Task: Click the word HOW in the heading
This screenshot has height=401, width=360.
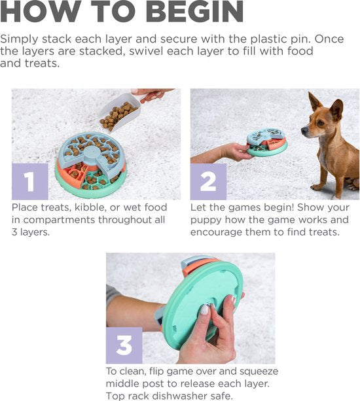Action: click(x=41, y=12)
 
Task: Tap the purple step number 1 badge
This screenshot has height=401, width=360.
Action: click(x=29, y=181)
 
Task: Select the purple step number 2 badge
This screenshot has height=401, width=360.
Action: click(x=208, y=181)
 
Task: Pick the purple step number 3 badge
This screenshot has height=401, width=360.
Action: click(x=124, y=345)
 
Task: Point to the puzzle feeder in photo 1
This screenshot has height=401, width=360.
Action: click(x=91, y=162)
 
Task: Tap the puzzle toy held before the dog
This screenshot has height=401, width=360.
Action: click(x=266, y=142)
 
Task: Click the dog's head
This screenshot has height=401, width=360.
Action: click(x=321, y=118)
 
